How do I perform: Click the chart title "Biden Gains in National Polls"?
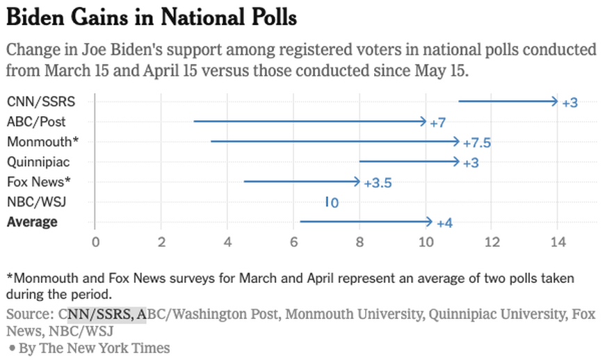(x=152, y=17)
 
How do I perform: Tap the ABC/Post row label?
(x=36, y=122)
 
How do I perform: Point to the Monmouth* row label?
(x=42, y=142)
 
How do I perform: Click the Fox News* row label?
(x=40, y=182)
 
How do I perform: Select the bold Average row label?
(x=32, y=222)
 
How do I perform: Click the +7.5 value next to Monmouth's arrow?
(x=477, y=142)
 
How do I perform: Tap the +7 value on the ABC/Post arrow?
(x=437, y=123)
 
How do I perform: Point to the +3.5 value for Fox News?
(x=378, y=183)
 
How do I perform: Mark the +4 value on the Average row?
(x=445, y=223)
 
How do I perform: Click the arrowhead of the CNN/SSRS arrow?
(x=555, y=101)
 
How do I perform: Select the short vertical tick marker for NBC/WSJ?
(x=326, y=202)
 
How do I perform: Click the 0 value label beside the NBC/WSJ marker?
(x=334, y=203)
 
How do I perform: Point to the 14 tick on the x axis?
(x=557, y=243)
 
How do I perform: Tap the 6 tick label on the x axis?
(x=293, y=243)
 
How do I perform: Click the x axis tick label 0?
(x=95, y=243)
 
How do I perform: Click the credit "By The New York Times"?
(x=94, y=347)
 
